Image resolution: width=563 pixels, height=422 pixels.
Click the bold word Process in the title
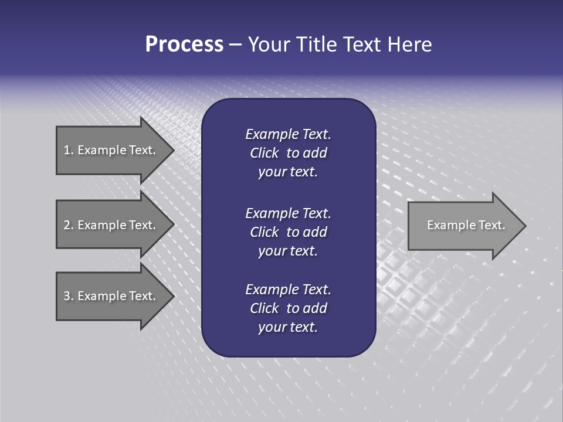point(184,45)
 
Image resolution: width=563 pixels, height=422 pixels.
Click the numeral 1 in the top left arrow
point(67,150)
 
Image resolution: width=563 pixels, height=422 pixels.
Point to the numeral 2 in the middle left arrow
point(67,225)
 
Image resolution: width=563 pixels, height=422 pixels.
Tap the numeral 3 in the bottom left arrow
point(67,296)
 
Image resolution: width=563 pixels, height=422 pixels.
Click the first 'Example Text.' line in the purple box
point(288,134)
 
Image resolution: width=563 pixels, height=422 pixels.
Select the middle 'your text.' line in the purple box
point(288,251)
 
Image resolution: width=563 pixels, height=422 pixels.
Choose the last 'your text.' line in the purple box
point(288,328)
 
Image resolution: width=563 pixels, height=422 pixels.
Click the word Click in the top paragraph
point(264,153)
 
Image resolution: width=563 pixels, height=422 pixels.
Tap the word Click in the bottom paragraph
point(264,308)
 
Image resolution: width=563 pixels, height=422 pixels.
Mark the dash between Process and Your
point(235,45)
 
